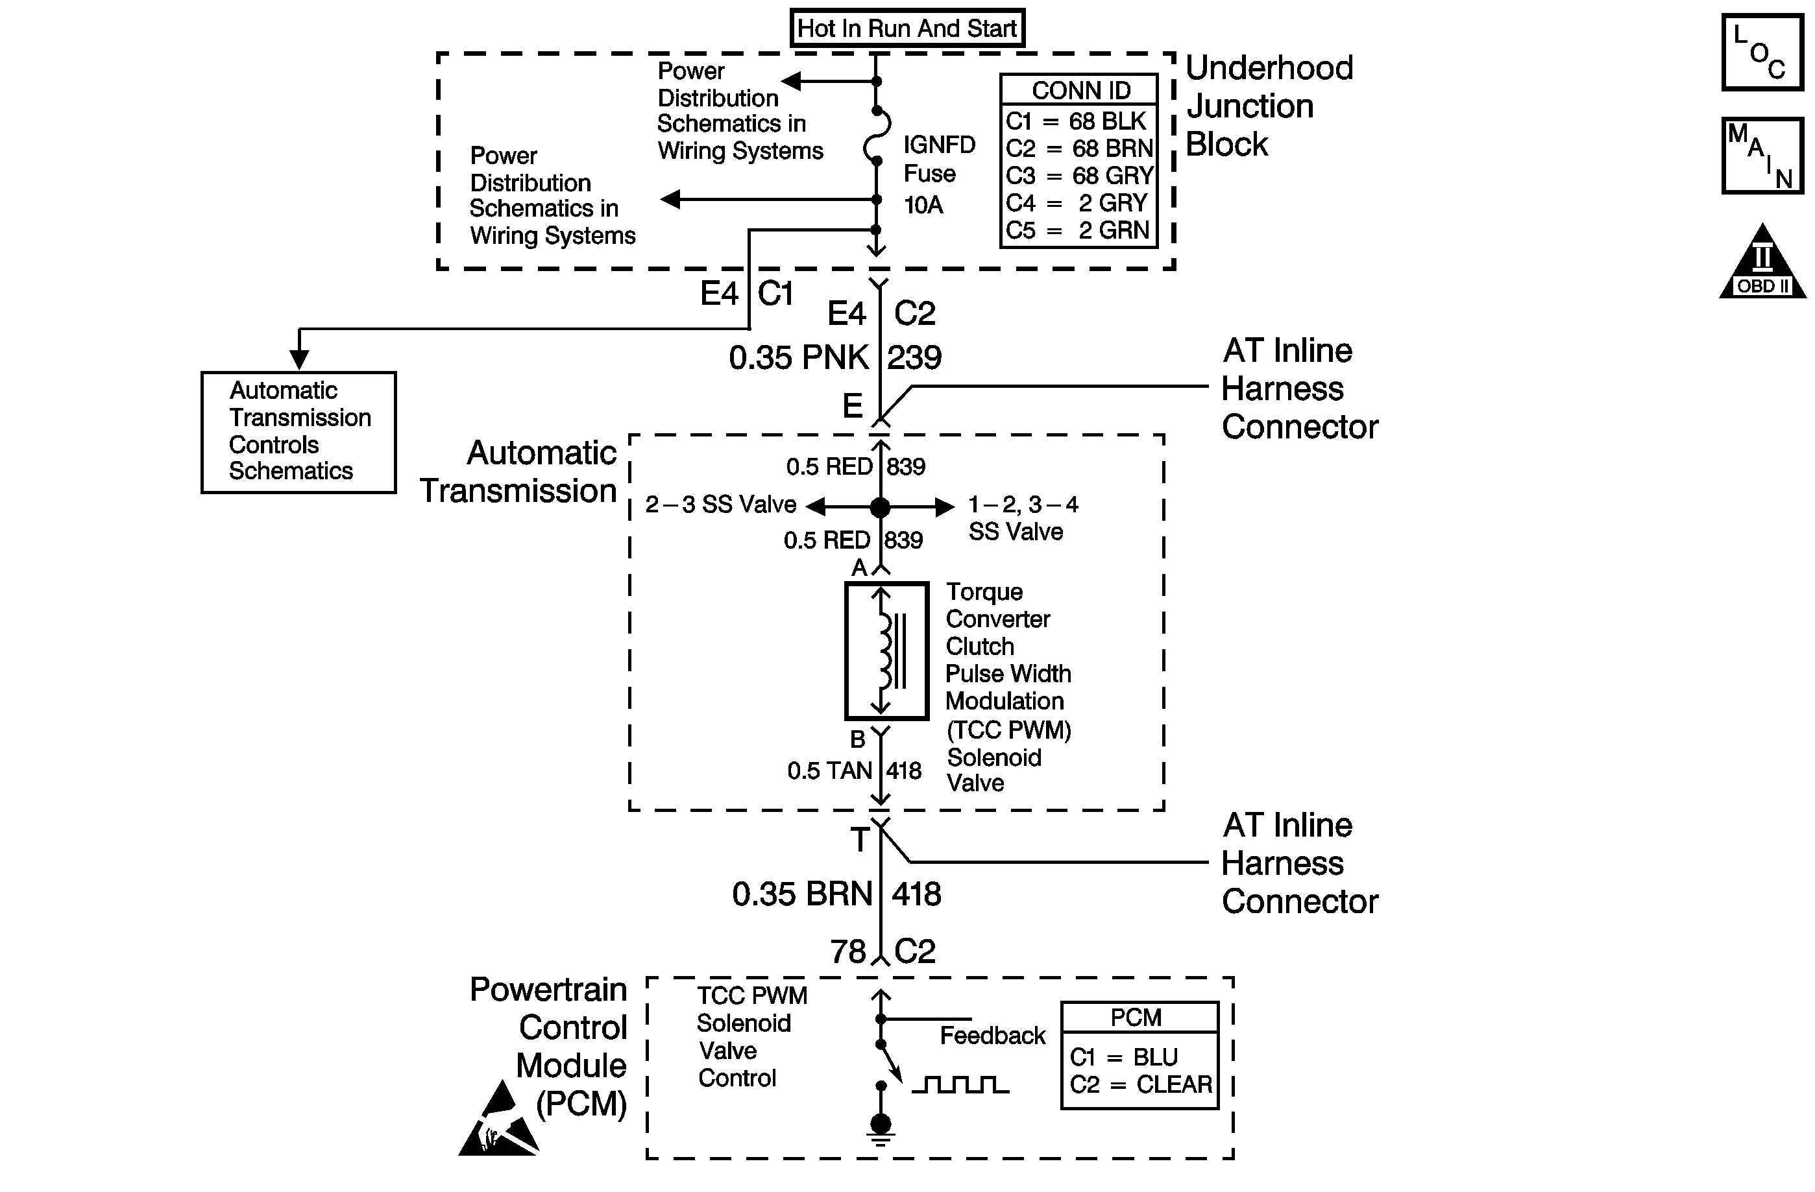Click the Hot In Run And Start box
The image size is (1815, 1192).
point(907,28)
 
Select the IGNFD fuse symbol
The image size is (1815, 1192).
point(876,136)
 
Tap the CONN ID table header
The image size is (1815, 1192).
point(1080,90)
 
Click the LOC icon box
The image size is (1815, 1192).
point(1762,53)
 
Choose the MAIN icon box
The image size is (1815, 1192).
point(1762,156)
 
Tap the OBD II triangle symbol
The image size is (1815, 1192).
point(1762,261)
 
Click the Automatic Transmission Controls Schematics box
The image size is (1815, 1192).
point(299,432)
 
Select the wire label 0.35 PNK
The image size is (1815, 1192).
point(798,357)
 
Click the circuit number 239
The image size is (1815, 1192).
point(914,357)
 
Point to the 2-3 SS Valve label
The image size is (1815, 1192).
point(721,505)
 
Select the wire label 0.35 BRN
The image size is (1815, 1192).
point(802,894)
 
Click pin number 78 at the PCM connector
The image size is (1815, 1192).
point(848,951)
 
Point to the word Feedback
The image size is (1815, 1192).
point(992,1036)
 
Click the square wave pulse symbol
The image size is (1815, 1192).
point(960,1084)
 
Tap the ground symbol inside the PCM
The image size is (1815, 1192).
point(881,1128)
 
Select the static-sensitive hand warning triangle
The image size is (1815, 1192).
point(499,1118)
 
